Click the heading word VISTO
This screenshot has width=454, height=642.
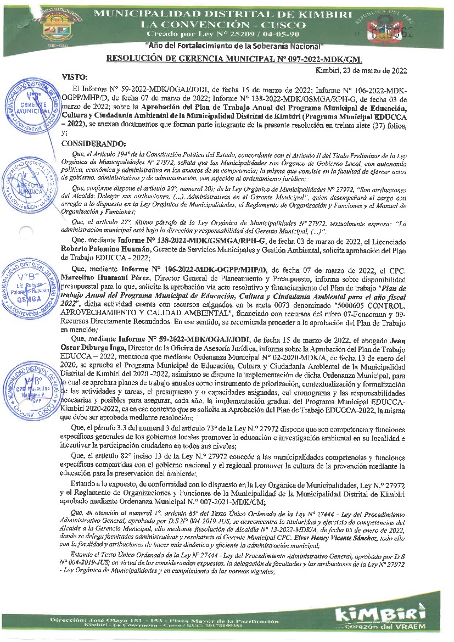point(75,77)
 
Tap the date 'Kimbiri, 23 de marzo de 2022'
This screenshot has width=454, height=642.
point(361,70)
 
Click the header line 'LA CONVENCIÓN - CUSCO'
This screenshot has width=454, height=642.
point(223,25)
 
